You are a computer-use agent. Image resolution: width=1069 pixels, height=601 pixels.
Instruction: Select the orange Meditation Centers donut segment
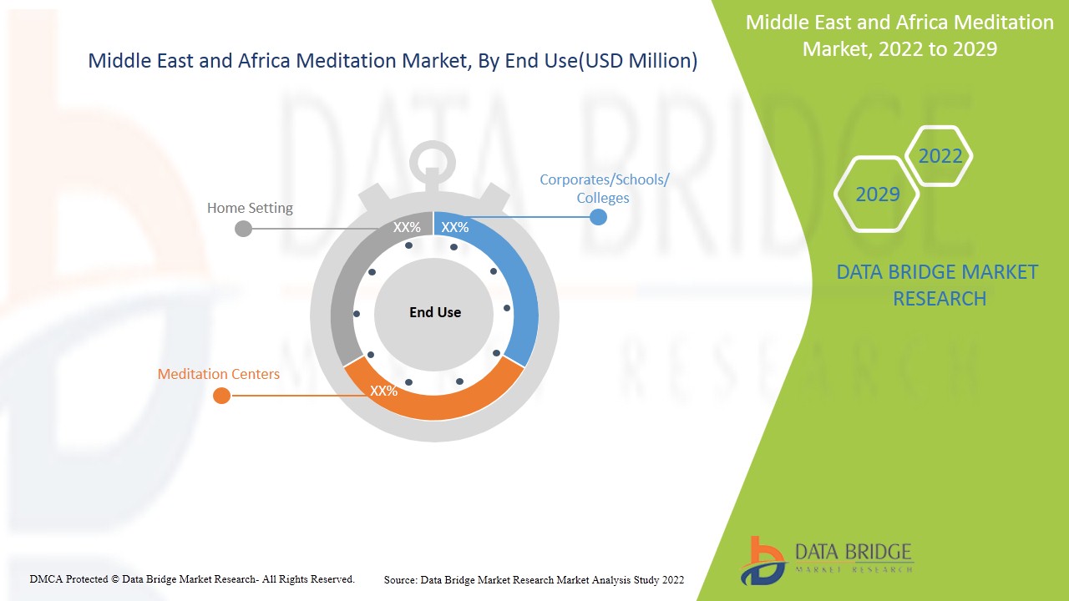(434, 405)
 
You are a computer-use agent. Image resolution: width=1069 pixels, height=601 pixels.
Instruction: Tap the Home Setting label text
(250, 208)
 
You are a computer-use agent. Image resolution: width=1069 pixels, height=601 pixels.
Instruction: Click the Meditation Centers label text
(219, 374)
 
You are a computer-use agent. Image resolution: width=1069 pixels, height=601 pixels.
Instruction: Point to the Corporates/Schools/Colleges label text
(604, 189)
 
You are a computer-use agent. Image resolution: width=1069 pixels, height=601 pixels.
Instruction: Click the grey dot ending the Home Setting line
(243, 229)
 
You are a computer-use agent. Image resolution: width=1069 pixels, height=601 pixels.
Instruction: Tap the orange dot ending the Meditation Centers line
(221, 396)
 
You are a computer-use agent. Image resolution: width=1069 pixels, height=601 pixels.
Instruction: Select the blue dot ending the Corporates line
(598, 217)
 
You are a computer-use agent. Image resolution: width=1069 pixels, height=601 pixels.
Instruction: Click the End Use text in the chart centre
(435, 312)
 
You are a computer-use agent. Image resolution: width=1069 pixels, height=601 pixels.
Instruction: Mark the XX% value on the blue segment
(455, 228)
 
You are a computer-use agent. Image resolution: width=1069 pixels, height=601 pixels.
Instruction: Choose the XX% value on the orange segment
(383, 391)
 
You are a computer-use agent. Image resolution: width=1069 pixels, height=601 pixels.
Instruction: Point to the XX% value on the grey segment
(407, 228)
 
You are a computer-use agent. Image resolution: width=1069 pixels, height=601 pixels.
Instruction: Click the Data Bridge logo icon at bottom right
(762, 562)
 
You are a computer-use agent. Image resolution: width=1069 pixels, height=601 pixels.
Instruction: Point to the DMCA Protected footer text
(192, 579)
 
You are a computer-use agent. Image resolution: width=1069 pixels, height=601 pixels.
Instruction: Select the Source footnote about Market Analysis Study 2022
(534, 580)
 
